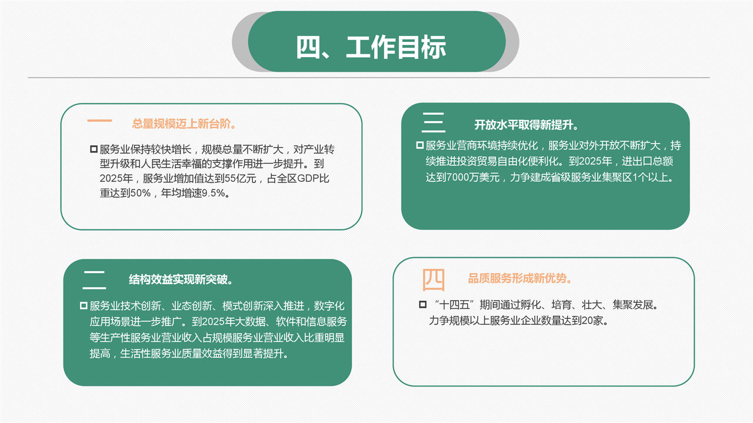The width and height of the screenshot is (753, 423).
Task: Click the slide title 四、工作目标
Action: (x=371, y=46)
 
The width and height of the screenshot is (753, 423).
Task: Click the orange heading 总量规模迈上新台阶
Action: (x=184, y=124)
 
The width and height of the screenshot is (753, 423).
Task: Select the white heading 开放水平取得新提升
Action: (x=527, y=125)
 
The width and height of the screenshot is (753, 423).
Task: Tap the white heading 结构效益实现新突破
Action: (x=181, y=279)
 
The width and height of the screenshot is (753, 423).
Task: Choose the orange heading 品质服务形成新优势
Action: (x=519, y=278)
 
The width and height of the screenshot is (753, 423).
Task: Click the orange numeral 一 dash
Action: (x=99, y=121)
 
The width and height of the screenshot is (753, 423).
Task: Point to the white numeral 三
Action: (x=434, y=122)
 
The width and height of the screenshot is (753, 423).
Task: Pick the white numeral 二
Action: (x=94, y=280)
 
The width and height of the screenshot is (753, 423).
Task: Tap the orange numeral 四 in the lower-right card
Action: (x=434, y=279)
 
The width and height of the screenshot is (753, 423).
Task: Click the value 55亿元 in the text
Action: (x=241, y=178)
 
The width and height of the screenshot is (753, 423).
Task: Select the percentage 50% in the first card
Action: (x=140, y=193)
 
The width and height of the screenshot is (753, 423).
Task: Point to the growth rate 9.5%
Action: (x=213, y=193)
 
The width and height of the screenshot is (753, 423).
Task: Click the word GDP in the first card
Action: (x=308, y=178)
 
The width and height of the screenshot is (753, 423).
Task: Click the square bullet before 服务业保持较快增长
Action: (x=94, y=149)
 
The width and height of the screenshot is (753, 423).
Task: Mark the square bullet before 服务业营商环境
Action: (x=420, y=145)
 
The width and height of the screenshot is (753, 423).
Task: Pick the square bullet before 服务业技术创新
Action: (x=84, y=306)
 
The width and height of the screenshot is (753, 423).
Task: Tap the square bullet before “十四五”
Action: (x=423, y=305)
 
